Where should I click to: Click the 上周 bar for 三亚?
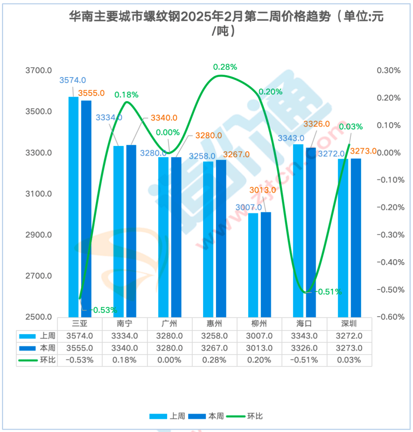coord(73,206)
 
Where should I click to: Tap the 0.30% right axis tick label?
coord(389,71)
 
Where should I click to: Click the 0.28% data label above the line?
coord(225,67)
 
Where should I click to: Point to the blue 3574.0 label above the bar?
coord(73,80)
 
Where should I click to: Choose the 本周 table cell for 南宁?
coord(125,348)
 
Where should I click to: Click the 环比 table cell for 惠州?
coord(215,360)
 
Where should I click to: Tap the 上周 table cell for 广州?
coord(169,336)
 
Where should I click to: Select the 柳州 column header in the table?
coord(259,324)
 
